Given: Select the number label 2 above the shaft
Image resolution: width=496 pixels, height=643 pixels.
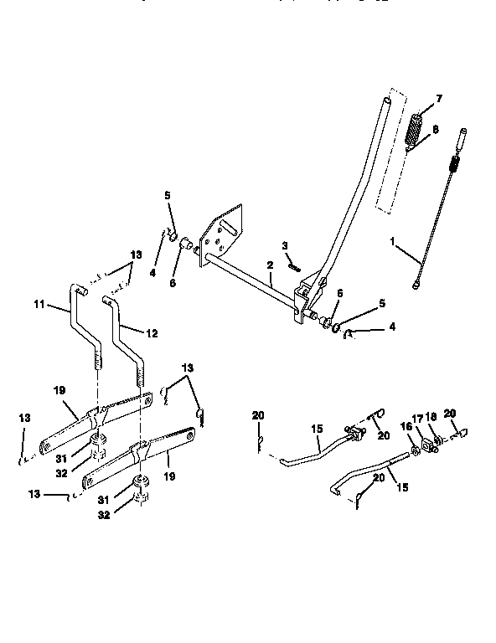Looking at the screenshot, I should pyautogui.click(x=271, y=265).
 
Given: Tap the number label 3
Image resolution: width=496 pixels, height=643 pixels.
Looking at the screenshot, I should pyautogui.click(x=284, y=245).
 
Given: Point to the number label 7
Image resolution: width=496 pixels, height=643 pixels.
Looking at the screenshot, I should pyautogui.click(x=438, y=99).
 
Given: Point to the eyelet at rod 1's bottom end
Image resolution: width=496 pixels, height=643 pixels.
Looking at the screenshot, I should pyautogui.click(x=417, y=286).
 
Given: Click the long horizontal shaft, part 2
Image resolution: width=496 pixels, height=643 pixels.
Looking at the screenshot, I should pyautogui.click(x=251, y=275).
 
